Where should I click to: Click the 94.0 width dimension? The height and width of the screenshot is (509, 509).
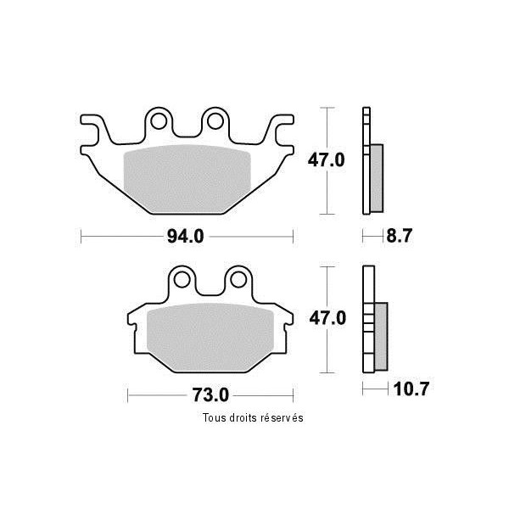coord(185,237)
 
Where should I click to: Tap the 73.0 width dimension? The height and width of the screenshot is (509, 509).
coord(210,395)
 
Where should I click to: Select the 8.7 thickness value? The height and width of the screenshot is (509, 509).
coord(400,236)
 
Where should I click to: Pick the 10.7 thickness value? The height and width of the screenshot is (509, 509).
coord(411,389)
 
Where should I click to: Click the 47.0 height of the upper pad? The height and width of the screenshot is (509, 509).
coord(327,160)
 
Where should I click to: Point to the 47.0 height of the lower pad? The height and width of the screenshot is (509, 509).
coord(327,318)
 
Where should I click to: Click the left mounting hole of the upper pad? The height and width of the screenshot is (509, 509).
coord(159,121)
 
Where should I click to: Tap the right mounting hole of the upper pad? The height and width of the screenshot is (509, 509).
coord(215,121)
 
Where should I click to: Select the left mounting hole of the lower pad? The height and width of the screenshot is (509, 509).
coord(182,279)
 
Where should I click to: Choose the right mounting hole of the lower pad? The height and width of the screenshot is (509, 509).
coord(238,279)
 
